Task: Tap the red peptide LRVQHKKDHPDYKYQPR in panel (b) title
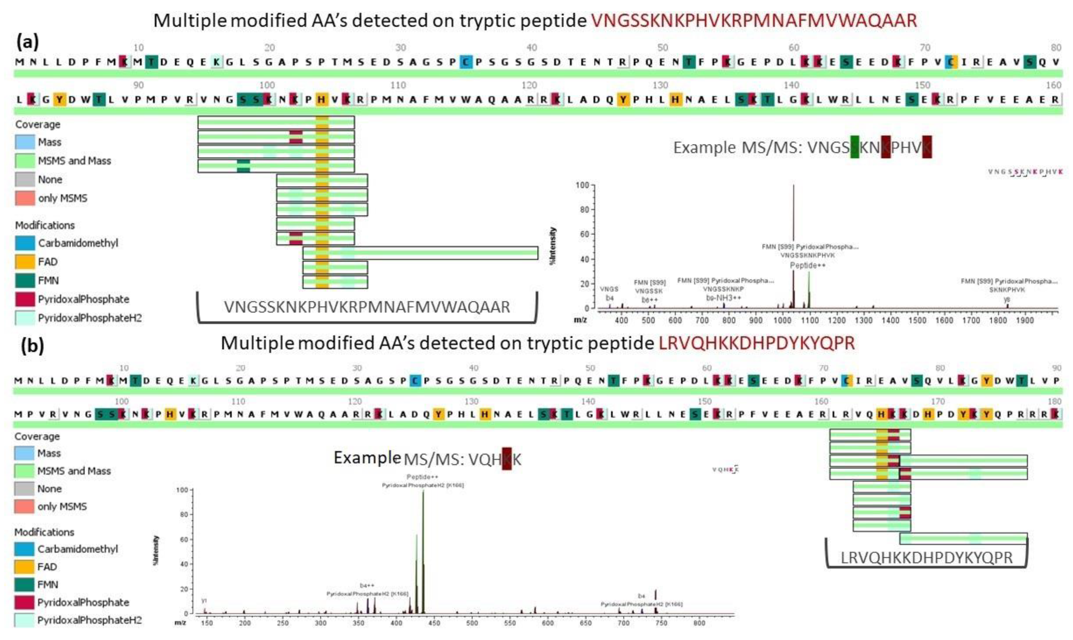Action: tap(757, 343)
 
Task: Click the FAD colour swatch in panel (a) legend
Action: tap(24, 262)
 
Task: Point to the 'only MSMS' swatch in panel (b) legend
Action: tap(24, 507)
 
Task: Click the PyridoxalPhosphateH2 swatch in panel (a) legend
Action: tap(24, 318)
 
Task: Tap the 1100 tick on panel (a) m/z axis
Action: tap(810, 320)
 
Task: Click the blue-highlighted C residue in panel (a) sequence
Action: tap(465, 62)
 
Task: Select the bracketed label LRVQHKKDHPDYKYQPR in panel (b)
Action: tap(926, 558)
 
